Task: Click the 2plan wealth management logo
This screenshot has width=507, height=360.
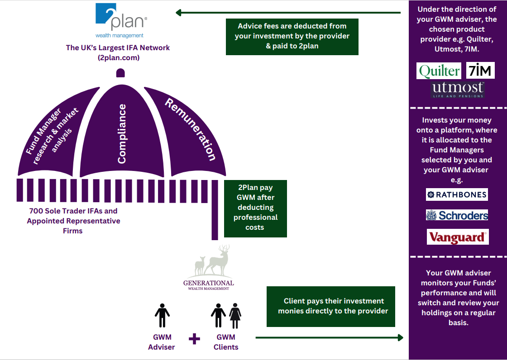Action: coord(120,21)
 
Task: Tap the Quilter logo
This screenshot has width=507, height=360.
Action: coord(439,71)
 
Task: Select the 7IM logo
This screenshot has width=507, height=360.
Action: coord(480,71)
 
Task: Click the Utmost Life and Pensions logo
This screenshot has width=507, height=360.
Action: coord(458,90)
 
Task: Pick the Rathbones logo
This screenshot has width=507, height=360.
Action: coord(457,194)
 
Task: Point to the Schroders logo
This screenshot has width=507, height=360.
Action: coord(457,215)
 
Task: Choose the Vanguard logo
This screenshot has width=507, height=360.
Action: coord(457,237)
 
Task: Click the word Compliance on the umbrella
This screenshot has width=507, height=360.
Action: coord(122,134)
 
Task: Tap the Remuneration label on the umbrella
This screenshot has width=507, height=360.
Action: coord(191,129)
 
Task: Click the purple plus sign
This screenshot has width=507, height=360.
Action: coord(194,339)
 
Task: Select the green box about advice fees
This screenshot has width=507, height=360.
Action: coord(292,37)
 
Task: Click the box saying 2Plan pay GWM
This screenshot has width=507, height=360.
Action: coord(255,208)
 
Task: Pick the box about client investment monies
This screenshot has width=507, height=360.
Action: coord(330,306)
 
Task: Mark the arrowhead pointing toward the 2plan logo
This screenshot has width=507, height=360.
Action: coord(179,13)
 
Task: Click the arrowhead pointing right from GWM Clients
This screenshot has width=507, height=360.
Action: coord(400,337)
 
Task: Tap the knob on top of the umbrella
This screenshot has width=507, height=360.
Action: coord(120,73)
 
